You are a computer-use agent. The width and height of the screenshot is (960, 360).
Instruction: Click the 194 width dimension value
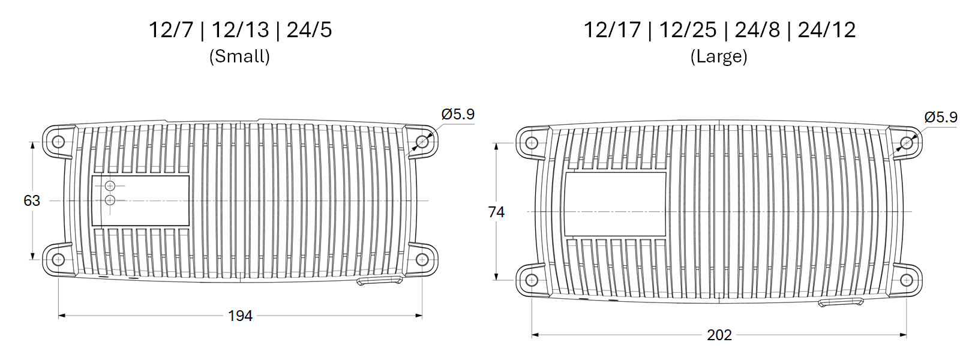pos(240,316)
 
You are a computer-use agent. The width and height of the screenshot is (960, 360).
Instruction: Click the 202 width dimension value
pos(719,335)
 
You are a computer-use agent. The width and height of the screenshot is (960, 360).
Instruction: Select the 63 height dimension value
pos(32,200)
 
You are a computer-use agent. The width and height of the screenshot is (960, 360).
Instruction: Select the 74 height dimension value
pos(496,212)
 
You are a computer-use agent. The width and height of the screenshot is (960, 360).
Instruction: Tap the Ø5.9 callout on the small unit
pos(458,114)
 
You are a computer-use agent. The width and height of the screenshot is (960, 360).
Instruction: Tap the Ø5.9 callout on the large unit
pos(940,117)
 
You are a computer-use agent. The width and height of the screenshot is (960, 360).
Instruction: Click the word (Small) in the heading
pos(239,56)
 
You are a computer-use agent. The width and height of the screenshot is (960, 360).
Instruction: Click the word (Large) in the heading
pos(719,56)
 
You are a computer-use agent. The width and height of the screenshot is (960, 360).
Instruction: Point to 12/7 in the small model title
pos(171,30)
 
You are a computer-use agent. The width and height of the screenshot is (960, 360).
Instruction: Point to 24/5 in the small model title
pos(309,30)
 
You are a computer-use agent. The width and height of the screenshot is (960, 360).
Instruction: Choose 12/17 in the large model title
pos(612,30)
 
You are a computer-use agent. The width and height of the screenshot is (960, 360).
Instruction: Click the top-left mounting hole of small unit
pos(58,142)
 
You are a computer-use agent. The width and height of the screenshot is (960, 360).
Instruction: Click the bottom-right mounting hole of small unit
pos(422,259)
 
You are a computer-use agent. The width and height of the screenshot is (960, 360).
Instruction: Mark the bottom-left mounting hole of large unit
pos(532,280)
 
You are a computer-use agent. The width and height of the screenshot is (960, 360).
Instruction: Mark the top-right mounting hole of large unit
pos(906,143)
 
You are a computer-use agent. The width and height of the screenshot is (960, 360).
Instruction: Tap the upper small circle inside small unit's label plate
pos(110,186)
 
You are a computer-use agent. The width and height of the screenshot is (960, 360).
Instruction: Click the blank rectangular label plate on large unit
pos(615,204)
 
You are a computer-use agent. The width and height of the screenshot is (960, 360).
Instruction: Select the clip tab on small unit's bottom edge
pos(379,280)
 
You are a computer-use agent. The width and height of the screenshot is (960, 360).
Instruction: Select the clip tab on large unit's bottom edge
pos(841,302)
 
